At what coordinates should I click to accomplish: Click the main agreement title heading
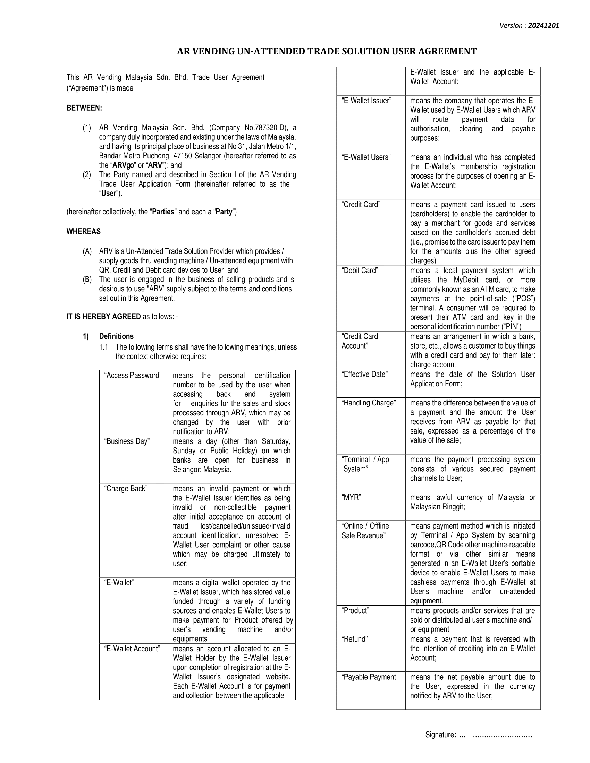[327, 51]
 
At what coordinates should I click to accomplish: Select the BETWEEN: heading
[84, 108]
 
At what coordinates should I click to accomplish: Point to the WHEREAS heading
[84, 231]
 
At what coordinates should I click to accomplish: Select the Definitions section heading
[116, 336]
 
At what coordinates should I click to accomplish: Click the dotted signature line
[502, 735]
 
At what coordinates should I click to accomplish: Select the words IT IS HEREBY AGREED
[103, 317]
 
